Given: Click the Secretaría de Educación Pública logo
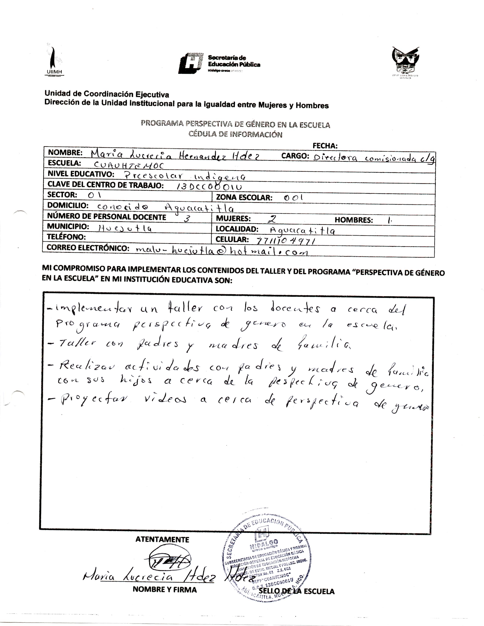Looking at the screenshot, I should pyautogui.click(x=219, y=62).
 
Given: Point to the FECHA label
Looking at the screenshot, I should pyautogui.click(x=325, y=146).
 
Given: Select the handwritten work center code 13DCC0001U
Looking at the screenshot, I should pyautogui.click(x=209, y=187).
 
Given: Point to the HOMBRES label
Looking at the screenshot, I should pyautogui.click(x=354, y=220).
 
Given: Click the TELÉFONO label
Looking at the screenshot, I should pyautogui.click(x=66, y=237).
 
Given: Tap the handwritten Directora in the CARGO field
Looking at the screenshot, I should pyautogui.click(x=335, y=158).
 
